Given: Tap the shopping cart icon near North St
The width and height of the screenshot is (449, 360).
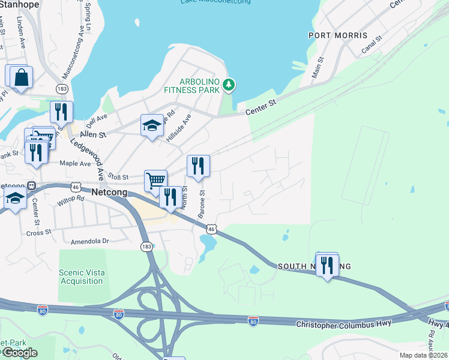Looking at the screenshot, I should click(x=155, y=179).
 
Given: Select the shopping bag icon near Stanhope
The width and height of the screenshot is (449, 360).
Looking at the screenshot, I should click(x=21, y=77).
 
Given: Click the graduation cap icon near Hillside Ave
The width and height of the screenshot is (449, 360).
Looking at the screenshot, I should click(x=152, y=125).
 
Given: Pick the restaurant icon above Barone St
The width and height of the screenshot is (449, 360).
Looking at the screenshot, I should click(x=198, y=166).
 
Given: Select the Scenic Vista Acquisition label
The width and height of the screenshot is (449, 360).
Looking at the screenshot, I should click(x=81, y=277).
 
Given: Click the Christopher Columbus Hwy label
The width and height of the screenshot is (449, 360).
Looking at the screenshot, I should click(x=343, y=323).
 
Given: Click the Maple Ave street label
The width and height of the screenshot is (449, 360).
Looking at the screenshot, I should click(x=75, y=163).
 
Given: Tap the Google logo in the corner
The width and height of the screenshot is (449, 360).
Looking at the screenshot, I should click(x=19, y=353).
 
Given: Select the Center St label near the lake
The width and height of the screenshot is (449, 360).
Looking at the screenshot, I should click(x=261, y=107).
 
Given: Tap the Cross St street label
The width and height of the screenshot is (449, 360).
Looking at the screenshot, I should click(x=40, y=232).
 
